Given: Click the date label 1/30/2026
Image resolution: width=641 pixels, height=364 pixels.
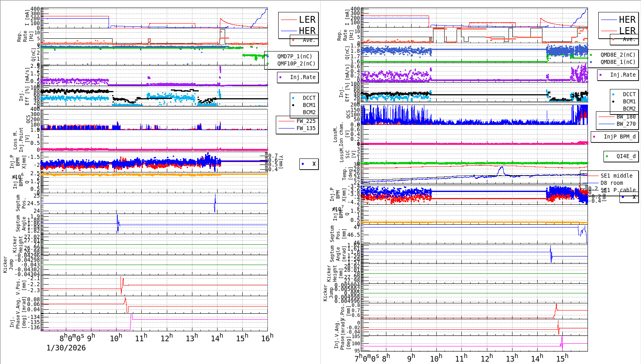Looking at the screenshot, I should (66, 348).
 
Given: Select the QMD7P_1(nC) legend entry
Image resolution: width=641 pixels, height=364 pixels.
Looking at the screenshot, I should (295, 56).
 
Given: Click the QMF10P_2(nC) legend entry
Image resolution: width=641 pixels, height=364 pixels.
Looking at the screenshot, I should (296, 63).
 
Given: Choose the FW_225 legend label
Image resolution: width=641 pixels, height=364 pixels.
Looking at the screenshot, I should (306, 121).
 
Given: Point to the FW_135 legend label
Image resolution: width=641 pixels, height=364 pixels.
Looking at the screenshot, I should (306, 128).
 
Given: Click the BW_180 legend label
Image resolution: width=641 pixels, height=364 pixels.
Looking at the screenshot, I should (626, 117).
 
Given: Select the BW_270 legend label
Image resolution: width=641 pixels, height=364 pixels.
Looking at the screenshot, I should (626, 124).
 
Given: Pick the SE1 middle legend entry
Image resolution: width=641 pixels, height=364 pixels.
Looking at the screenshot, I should (616, 176).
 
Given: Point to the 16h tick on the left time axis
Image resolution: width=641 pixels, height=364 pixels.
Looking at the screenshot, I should (267, 338).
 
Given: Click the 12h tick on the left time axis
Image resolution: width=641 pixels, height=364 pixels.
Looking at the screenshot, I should (166, 338).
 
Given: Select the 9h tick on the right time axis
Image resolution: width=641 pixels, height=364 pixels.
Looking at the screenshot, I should (411, 358).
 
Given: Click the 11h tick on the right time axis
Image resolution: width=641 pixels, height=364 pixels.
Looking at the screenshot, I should (461, 358).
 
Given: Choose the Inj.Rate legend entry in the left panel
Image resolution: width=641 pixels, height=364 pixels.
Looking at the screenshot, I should (303, 77).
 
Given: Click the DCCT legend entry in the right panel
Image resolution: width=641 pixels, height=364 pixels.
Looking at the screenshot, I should (629, 94).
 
